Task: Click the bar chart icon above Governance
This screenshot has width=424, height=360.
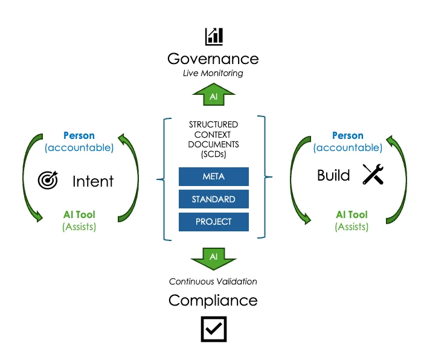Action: coord(213,36)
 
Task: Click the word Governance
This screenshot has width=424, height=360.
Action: coord(213,59)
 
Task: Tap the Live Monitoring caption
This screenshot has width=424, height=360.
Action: coord(213,73)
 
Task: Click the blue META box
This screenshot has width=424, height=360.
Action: coord(214,176)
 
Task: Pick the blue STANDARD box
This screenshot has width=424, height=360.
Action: coord(214,199)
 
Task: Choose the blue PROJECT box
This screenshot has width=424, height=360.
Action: coord(214,222)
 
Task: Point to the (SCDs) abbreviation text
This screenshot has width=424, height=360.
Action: coord(213,155)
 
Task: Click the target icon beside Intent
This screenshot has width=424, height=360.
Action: coord(48,180)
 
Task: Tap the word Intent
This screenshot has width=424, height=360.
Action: coord(93,181)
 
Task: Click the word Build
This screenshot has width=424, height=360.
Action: coord(333,175)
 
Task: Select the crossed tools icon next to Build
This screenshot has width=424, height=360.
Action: coord(373,175)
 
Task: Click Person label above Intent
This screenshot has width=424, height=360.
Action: coord(79,136)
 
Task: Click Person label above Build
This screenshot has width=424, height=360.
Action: coord(348,136)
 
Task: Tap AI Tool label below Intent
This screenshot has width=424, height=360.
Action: coord(79,214)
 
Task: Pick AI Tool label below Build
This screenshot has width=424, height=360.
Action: coord(351,214)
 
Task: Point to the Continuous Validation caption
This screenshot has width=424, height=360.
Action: coord(213,281)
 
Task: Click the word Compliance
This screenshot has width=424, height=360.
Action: coord(213,300)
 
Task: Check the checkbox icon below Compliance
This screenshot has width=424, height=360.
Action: coord(213,329)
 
